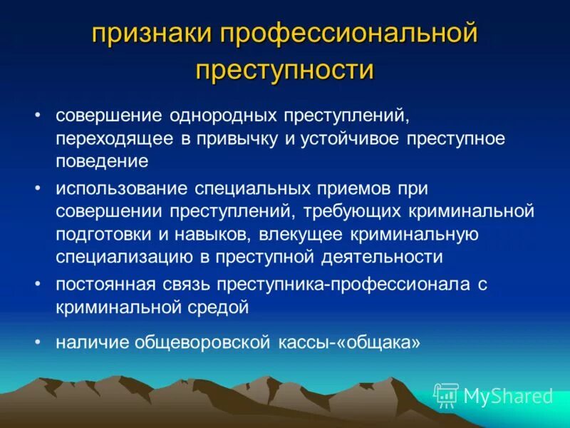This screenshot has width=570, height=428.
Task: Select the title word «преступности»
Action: coord(284,70)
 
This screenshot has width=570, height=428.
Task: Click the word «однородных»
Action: coord(222,116)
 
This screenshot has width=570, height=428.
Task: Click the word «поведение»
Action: coord(102,161)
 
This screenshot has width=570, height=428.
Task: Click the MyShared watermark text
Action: coord(507,395)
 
